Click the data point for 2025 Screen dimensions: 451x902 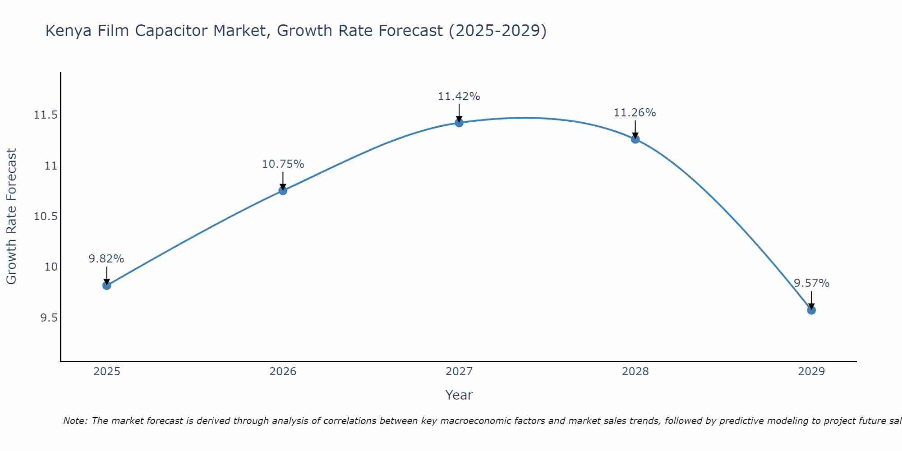pos(107,285)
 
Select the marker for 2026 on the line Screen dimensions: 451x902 pos(283,190)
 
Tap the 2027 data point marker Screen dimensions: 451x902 pos(459,123)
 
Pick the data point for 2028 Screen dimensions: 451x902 pos(635,139)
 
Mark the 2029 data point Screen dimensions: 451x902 pos(811,310)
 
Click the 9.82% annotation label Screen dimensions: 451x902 pos(106,259)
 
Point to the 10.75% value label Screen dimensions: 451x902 pos(283,164)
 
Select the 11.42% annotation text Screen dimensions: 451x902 pos(459,97)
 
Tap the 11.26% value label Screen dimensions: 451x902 pos(635,113)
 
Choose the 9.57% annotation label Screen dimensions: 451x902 pos(811,283)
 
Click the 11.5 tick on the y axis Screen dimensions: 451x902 pos(46,115)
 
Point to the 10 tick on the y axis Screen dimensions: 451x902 pos(51,267)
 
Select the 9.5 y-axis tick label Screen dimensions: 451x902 pos(49,318)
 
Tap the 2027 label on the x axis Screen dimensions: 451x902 pos(459,372)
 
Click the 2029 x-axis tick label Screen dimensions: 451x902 pos(811,372)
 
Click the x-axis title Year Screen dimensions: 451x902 pos(459,395)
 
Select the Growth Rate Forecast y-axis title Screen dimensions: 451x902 pos(12,216)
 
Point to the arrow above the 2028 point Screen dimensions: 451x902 pos(635,129)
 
